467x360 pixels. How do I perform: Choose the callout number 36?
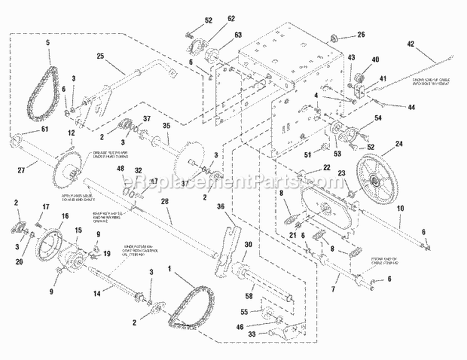pyautogui.click(x=220, y=207)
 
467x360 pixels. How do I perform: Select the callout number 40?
pyautogui.click(x=375, y=60)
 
